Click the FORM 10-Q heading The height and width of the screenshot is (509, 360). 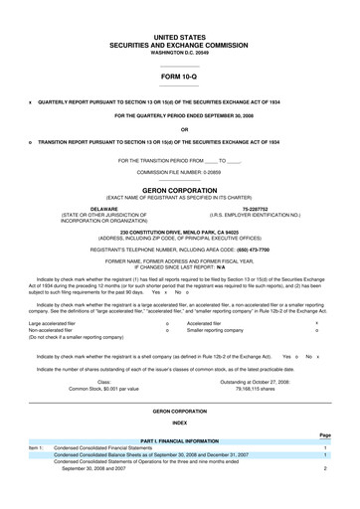tap(180, 75)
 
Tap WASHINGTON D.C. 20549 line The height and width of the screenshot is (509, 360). tap(180, 50)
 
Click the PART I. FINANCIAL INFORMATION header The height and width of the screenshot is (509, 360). tap(179, 440)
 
